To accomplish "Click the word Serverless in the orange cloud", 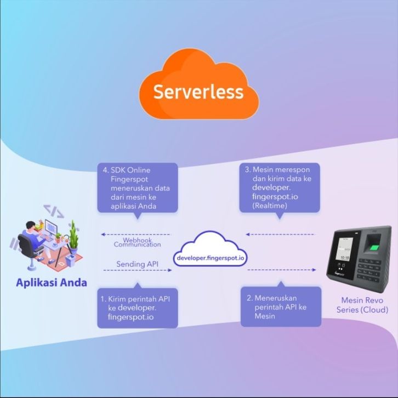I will [198, 92].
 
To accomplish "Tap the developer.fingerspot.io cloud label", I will [211, 257].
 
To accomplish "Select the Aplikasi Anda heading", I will [51, 283].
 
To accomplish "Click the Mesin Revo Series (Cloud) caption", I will [362, 305].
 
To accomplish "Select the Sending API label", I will [137, 264].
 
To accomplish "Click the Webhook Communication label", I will [137, 242].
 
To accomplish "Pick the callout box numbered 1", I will [138, 307].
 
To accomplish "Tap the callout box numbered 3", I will [280, 187].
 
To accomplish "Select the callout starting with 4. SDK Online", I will [138, 187].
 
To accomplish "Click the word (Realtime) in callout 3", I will [270, 206].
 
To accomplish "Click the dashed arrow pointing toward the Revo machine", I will [282, 270].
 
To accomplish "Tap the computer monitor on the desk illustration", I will [51, 228].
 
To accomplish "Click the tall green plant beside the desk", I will [72, 236].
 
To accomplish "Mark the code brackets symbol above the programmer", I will [53, 211].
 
